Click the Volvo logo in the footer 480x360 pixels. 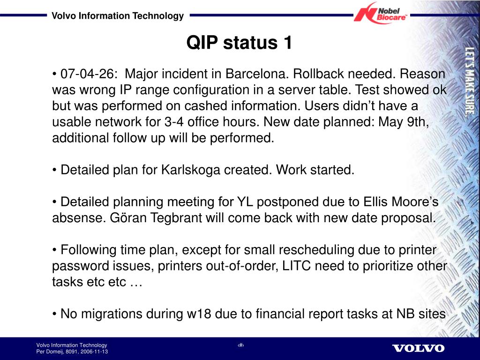pos(418,348)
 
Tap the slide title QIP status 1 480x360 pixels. pos(240,42)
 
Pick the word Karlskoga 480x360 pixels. pos(190,170)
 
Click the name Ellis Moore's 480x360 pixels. pos(401,202)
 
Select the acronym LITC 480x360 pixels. pos(296,266)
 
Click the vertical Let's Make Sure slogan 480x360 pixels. pos(470,82)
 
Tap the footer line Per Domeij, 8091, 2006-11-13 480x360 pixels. pos(72,352)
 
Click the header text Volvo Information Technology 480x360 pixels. pos(118,15)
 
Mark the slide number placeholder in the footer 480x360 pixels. pos(241,345)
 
